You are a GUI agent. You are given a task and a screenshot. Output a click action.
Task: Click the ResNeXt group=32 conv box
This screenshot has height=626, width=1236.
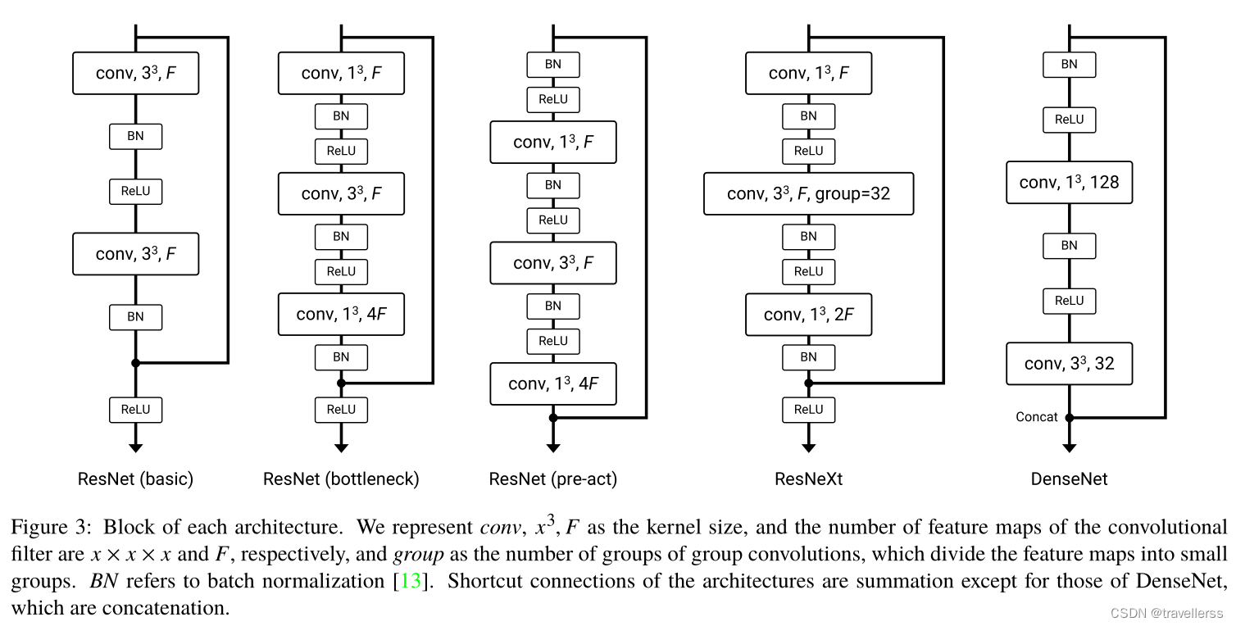tap(808, 193)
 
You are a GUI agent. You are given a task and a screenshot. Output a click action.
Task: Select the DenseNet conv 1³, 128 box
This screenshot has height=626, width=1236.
tap(1069, 183)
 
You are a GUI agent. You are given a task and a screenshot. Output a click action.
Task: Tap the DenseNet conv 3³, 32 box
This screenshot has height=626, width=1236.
tap(1069, 364)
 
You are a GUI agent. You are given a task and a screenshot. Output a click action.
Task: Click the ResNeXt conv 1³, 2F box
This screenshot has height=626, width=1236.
tap(808, 315)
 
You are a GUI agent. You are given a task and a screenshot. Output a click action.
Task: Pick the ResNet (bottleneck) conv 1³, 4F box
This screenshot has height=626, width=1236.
tap(341, 315)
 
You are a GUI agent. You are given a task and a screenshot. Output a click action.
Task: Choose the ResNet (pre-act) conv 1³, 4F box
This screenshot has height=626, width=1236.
tap(553, 383)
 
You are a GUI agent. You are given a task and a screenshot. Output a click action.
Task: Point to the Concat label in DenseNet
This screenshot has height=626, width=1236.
tap(1036, 417)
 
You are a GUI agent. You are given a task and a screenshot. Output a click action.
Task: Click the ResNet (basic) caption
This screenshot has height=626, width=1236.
tap(135, 479)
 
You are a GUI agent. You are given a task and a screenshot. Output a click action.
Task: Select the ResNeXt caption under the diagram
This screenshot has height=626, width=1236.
tap(808, 479)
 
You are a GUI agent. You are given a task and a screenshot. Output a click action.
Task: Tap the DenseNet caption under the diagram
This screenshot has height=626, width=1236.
tap(1069, 479)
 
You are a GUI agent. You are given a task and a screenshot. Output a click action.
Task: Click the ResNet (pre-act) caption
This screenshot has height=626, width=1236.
tap(553, 479)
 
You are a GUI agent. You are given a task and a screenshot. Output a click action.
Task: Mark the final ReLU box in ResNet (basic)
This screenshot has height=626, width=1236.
tap(136, 410)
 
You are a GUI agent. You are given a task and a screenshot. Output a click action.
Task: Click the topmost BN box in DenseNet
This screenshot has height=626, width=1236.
tap(1069, 65)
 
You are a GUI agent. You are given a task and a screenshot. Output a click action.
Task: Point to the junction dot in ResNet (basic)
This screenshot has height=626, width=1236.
tap(136, 363)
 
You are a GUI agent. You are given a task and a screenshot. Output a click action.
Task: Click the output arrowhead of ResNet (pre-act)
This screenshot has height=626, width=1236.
tap(553, 448)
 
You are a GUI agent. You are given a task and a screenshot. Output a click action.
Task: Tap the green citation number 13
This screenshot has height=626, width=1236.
tap(410, 581)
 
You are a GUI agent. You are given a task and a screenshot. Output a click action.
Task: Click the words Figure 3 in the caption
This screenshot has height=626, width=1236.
tap(51, 527)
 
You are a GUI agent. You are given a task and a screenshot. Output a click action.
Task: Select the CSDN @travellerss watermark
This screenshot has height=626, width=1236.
tap(1166, 613)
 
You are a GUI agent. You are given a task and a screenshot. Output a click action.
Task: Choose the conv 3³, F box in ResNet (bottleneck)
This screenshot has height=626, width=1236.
tap(341, 193)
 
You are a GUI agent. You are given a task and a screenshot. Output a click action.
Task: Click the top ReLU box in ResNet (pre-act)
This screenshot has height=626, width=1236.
tap(553, 99)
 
